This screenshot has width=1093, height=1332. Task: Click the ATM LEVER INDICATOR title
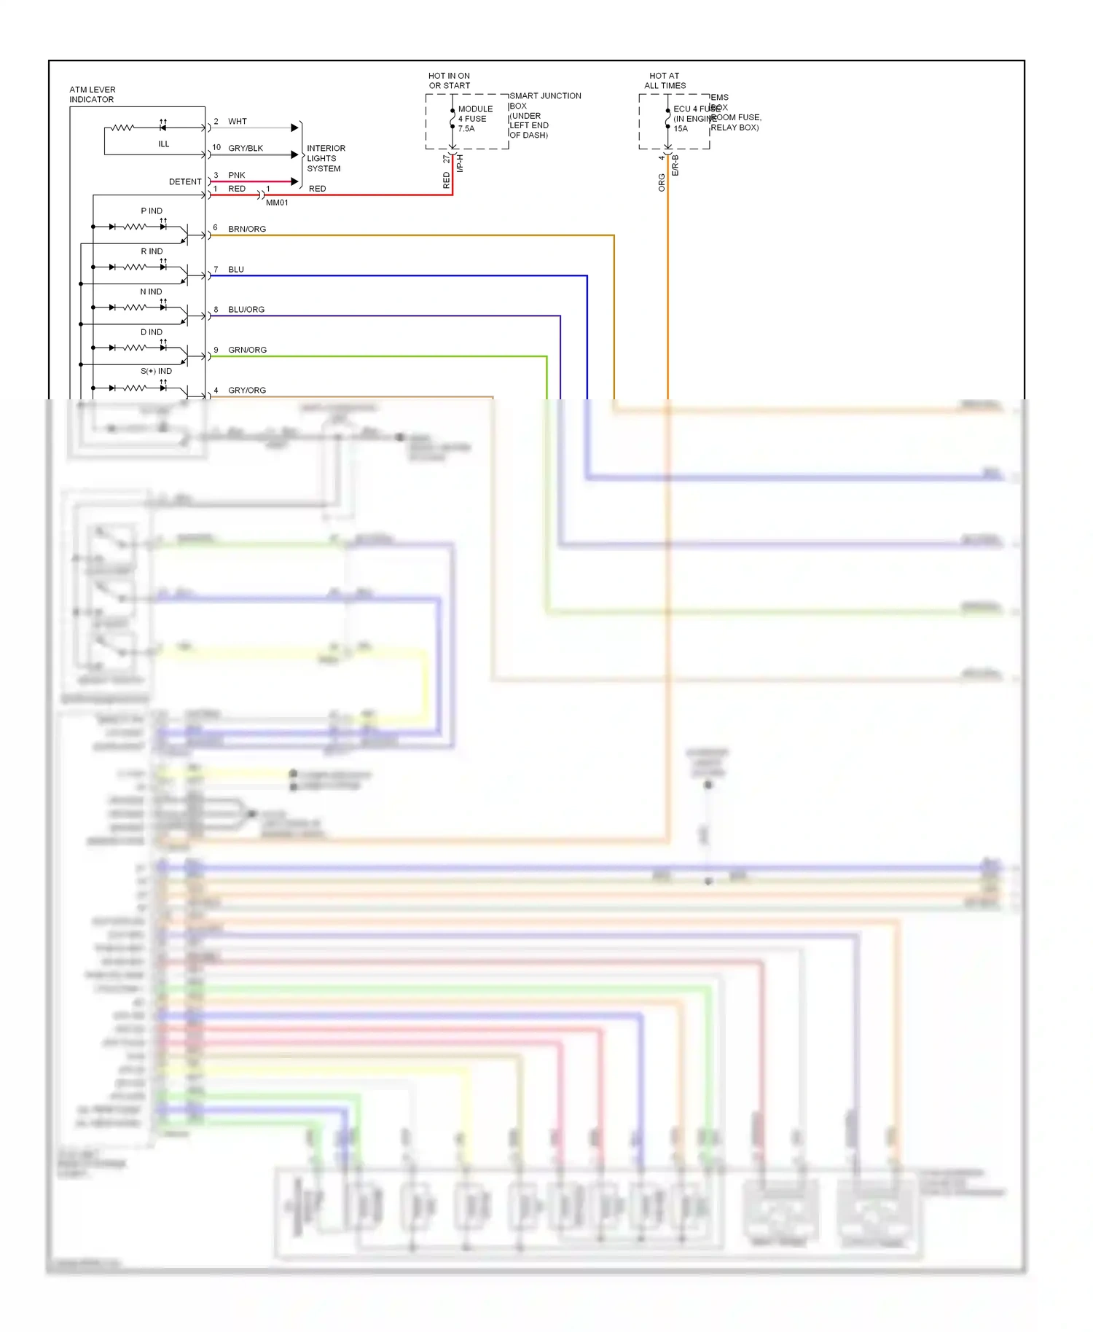pos(92,95)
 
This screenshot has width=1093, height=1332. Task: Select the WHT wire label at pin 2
pos(237,122)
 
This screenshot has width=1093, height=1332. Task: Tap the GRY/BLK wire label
pos(246,149)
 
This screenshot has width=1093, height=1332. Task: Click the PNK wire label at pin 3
pos(236,176)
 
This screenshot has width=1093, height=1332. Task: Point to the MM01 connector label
pos(277,203)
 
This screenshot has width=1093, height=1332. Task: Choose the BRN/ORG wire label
pos(247,229)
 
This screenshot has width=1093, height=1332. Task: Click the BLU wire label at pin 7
pos(236,270)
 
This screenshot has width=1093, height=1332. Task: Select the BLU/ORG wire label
pos(246,310)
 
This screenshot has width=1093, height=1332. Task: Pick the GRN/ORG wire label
pos(247,350)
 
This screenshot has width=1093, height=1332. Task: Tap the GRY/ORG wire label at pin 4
pos(247,391)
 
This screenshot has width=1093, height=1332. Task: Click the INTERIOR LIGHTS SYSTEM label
pos(325,158)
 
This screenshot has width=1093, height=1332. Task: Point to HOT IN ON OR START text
pos(449,81)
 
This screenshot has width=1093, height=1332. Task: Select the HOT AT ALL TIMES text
pos(665,81)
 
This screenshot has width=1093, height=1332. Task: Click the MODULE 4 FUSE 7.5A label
pos(474,119)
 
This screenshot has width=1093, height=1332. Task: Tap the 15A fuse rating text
pos(681,129)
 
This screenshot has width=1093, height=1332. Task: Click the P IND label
pos(152,211)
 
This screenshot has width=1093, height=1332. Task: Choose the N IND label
pos(151,292)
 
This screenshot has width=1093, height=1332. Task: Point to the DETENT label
pos(185,182)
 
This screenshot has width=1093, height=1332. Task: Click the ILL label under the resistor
pos(163,144)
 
